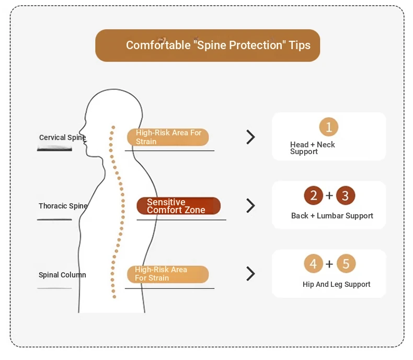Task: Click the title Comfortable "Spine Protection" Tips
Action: [x=218, y=45]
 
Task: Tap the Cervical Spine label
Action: [x=62, y=137]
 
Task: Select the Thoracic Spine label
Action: [x=63, y=206]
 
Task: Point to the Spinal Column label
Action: [x=62, y=275]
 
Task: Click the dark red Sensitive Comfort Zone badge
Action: [x=179, y=206]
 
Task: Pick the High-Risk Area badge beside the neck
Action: [x=168, y=137]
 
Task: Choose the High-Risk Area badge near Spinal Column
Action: [x=168, y=274]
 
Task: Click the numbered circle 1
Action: [x=329, y=127]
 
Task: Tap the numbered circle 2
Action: [x=314, y=195]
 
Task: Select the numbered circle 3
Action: [x=346, y=195]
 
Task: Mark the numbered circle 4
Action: [x=314, y=264]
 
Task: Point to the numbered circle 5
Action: [x=346, y=264]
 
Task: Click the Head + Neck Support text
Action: [x=313, y=148]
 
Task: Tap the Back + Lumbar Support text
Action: [x=332, y=216]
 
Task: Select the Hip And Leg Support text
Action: [x=336, y=284]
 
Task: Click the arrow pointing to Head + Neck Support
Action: [x=251, y=137]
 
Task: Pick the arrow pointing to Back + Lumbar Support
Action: [x=251, y=205]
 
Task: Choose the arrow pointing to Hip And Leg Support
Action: [x=251, y=274]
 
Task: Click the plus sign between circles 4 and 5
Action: [x=329, y=264]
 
